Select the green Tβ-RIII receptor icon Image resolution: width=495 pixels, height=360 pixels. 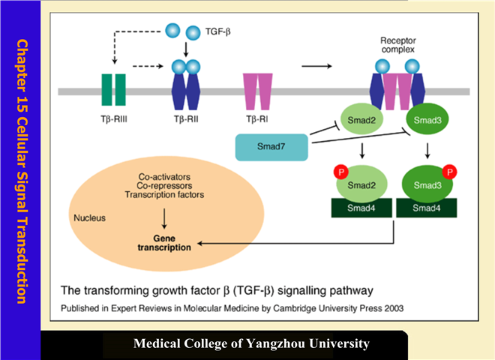(110, 91)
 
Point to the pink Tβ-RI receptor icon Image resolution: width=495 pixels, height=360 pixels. (256, 90)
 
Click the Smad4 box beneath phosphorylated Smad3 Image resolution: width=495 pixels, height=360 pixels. (424, 206)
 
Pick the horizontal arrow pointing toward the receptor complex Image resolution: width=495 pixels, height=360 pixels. (318, 66)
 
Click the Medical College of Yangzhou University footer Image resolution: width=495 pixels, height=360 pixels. (251, 344)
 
